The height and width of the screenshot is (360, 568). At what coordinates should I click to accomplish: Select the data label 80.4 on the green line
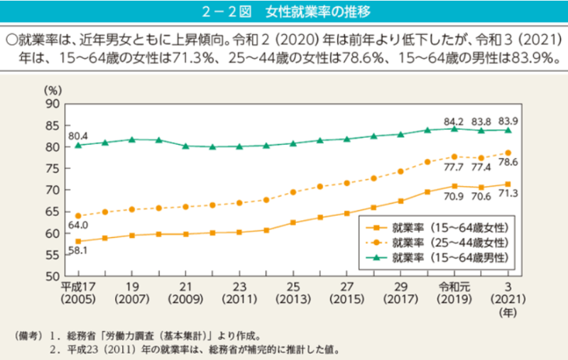[77, 135]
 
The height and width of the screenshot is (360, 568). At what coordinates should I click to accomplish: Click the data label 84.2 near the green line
[453, 120]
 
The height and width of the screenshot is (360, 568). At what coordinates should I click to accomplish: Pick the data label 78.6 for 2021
[507, 163]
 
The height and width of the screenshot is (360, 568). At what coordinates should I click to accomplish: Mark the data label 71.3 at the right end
[507, 194]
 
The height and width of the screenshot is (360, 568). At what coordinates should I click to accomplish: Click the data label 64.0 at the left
[77, 225]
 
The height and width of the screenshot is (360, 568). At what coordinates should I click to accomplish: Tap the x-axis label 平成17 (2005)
[77, 292]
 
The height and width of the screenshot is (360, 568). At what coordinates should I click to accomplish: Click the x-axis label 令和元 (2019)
[454, 292]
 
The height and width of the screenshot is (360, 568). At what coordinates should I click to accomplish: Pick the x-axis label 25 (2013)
[293, 292]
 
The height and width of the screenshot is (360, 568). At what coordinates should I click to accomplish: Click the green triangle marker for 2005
[77, 145]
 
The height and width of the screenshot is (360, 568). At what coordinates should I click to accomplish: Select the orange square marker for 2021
[507, 184]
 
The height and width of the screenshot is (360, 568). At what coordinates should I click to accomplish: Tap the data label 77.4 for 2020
[481, 168]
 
